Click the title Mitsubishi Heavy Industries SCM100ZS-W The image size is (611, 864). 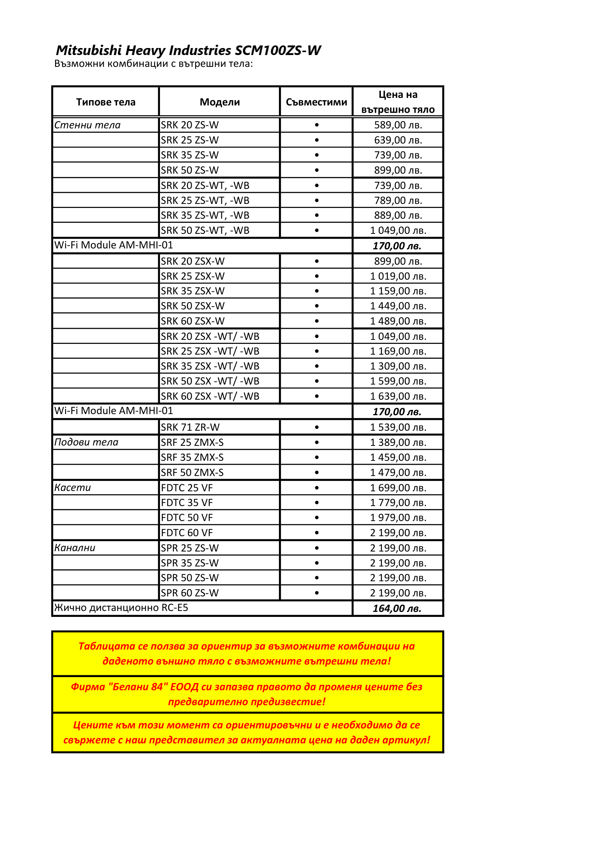188,50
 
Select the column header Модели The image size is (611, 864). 220,102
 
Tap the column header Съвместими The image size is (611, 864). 317,102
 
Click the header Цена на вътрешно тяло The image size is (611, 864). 398,102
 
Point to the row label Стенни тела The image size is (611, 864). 87,125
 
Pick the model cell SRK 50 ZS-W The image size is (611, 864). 190,170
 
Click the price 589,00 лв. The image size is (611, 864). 398,125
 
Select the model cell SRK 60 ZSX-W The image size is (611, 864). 192,321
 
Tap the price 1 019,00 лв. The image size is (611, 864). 398,276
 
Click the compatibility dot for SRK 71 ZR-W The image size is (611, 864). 317,427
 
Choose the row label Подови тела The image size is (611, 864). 86,442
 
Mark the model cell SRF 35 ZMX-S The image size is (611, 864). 192,457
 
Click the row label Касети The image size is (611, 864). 73,488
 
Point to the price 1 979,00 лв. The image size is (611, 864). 398,518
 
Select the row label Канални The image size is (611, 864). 75,548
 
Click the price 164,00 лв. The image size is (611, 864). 397,608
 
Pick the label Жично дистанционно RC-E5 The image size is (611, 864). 121,608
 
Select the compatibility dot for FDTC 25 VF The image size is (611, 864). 317,488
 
